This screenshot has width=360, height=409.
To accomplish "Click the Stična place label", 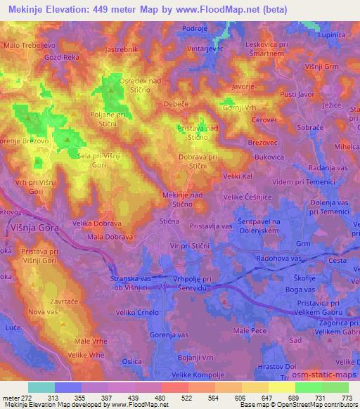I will (169, 221).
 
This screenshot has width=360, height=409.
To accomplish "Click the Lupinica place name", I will (335, 33).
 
